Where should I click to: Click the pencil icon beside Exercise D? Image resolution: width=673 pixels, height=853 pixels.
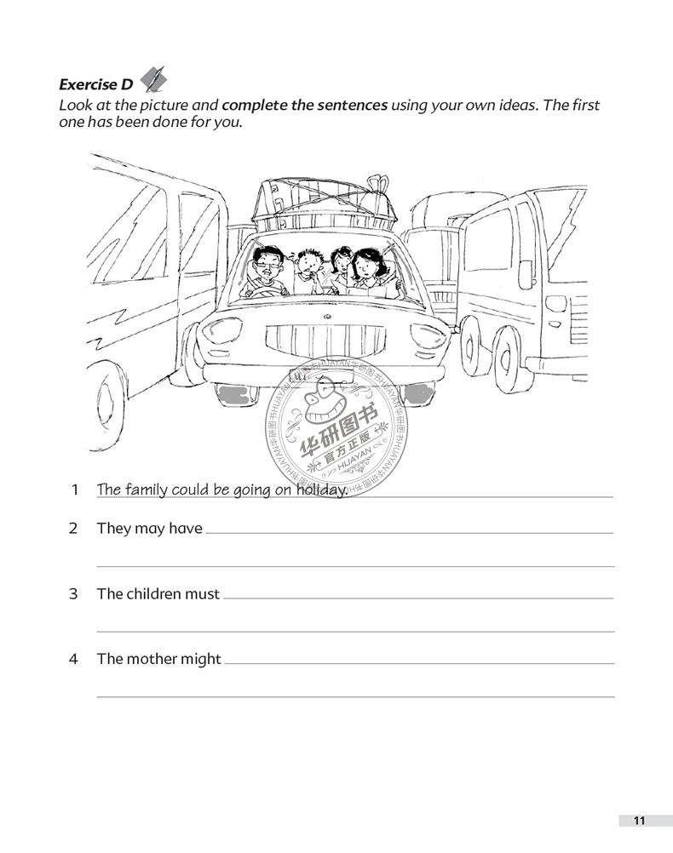(x=153, y=79)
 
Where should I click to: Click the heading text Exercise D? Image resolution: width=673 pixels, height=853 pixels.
(x=95, y=84)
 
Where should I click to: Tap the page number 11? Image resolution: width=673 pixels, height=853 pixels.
(x=639, y=821)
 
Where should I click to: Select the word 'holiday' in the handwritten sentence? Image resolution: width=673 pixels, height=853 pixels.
(x=321, y=489)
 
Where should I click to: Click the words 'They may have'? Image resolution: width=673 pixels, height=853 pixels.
(x=150, y=529)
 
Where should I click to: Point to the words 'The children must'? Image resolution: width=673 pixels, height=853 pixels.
(x=158, y=594)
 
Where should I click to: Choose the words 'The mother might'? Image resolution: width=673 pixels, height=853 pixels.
(x=159, y=659)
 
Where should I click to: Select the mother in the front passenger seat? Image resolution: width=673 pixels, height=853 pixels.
(x=368, y=270)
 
